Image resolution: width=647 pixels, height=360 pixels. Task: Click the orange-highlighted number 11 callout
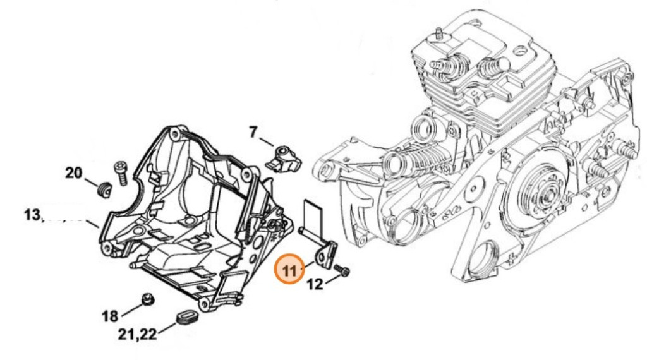coord(290,270)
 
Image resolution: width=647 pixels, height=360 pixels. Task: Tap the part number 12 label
coord(315,285)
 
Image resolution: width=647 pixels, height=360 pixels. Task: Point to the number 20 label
coord(74,172)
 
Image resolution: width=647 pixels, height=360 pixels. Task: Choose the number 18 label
coord(110,315)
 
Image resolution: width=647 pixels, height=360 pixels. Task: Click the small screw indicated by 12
coord(344,271)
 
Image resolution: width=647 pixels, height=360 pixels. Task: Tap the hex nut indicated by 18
coord(147,299)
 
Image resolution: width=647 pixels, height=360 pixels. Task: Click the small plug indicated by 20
coord(105,187)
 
